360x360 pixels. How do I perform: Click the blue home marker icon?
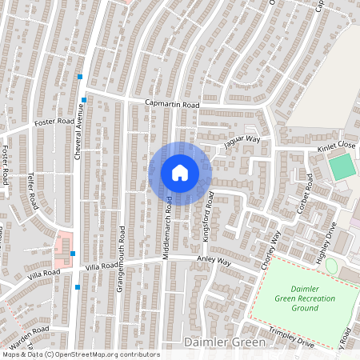tap(180, 173)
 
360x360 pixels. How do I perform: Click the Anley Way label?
tap(214, 262)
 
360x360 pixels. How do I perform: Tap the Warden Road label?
tap(30, 332)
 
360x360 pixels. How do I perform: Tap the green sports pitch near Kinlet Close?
tap(342, 166)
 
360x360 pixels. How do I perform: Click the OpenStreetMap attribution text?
tap(80, 354)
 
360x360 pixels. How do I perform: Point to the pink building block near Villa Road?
tap(62, 249)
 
